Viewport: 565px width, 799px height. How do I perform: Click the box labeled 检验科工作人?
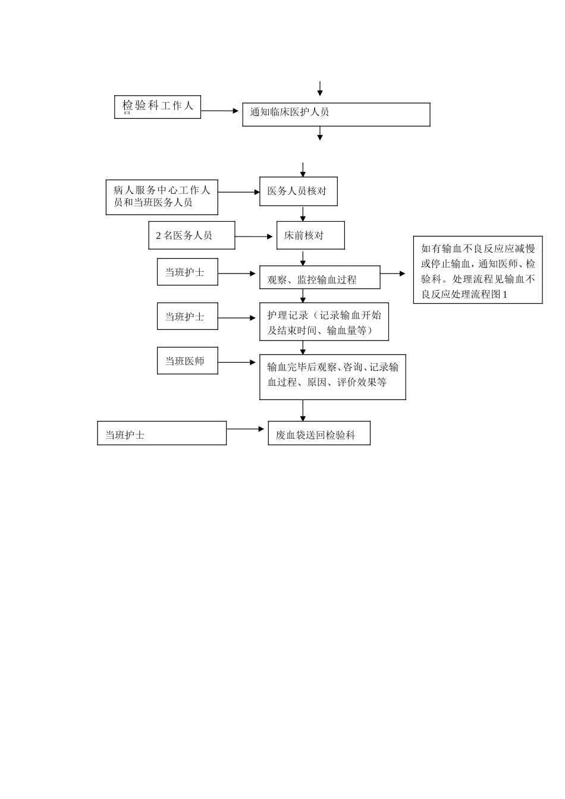(x=158, y=106)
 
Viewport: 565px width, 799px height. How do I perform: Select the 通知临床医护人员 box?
(x=336, y=114)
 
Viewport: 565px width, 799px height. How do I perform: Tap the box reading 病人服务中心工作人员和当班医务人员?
(x=162, y=197)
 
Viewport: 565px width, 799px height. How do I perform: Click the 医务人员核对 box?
(x=298, y=191)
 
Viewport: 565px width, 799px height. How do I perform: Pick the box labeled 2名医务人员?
(x=192, y=235)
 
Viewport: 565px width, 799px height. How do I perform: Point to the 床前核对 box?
(x=310, y=235)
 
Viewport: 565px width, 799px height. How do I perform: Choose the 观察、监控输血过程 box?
(x=319, y=278)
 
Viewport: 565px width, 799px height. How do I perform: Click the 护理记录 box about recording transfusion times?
(x=324, y=322)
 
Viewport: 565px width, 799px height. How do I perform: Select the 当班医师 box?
(x=187, y=361)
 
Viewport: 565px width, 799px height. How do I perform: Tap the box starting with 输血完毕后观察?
(x=332, y=377)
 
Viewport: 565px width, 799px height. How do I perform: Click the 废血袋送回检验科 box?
(x=319, y=433)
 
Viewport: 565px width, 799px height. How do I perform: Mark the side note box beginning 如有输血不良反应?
(x=478, y=270)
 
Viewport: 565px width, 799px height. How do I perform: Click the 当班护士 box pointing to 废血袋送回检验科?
(x=162, y=433)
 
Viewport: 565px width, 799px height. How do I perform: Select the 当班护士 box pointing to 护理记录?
(x=187, y=316)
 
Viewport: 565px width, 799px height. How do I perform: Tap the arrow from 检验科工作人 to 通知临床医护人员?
(x=219, y=111)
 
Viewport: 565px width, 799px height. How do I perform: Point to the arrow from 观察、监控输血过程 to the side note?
(x=393, y=274)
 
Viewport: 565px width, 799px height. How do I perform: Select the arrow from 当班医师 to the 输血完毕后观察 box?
(x=237, y=363)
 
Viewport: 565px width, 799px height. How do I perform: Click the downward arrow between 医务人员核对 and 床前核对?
(x=303, y=214)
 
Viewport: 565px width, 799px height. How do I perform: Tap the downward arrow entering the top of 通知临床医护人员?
(x=320, y=89)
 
